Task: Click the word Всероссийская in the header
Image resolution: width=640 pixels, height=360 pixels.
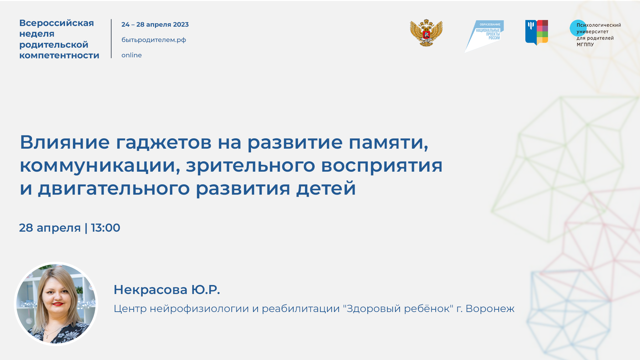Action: [57, 23]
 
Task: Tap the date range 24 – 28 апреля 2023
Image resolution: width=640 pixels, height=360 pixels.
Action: [155, 25]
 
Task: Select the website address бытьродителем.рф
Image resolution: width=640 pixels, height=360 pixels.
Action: [154, 40]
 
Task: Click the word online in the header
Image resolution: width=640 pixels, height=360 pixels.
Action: [131, 55]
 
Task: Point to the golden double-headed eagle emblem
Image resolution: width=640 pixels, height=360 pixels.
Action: [426, 33]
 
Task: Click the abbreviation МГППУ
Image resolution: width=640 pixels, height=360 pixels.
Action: [585, 45]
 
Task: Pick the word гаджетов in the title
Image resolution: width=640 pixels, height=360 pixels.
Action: [163, 142]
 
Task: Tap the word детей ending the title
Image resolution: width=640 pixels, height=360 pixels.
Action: [326, 188]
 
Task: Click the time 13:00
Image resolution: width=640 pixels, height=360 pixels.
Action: [105, 228]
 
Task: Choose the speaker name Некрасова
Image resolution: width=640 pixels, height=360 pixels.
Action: [150, 290]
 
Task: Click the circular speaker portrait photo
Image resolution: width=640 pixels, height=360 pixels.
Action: [56, 304]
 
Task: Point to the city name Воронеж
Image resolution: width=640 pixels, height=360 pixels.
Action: [490, 309]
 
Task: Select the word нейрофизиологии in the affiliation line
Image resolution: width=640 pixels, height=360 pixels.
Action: [199, 309]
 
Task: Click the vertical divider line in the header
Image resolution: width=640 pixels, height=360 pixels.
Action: [111, 39]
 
